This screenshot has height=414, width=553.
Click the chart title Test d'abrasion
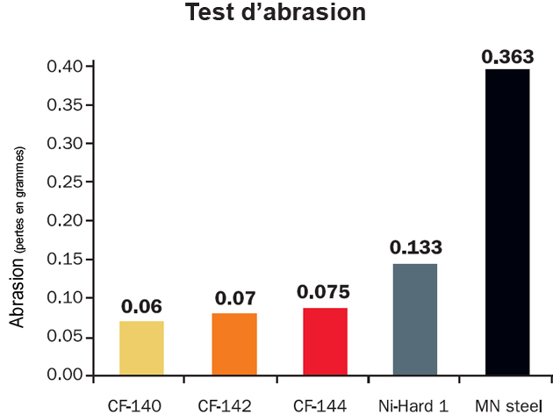[276, 14]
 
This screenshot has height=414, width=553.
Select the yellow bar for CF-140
[141, 348]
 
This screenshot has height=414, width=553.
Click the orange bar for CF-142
[233, 344]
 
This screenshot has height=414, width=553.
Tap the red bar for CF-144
[325, 341]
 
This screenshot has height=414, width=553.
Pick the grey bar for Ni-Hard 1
[415, 319]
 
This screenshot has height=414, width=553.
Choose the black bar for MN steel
[506, 222]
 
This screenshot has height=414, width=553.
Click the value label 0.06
[141, 307]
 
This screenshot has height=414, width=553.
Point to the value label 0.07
[233, 298]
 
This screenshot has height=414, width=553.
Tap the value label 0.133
[415, 248]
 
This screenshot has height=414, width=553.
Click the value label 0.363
[506, 56]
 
